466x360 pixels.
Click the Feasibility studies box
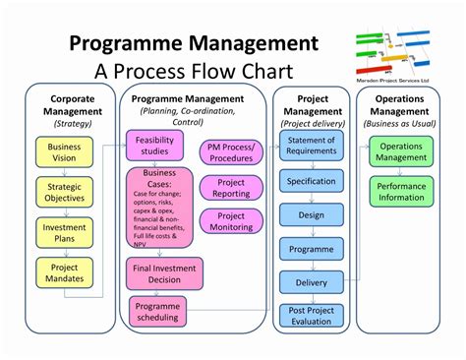tap(153, 146)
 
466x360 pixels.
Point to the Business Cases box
tap(153, 209)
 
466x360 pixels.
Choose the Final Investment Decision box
tap(164, 273)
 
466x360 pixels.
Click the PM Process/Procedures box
tap(230, 152)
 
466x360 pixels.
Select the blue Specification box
tap(312, 181)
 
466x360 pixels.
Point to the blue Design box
tap(312, 215)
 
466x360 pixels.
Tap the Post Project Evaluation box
tap(312, 317)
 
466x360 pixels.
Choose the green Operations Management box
tap(401, 152)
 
